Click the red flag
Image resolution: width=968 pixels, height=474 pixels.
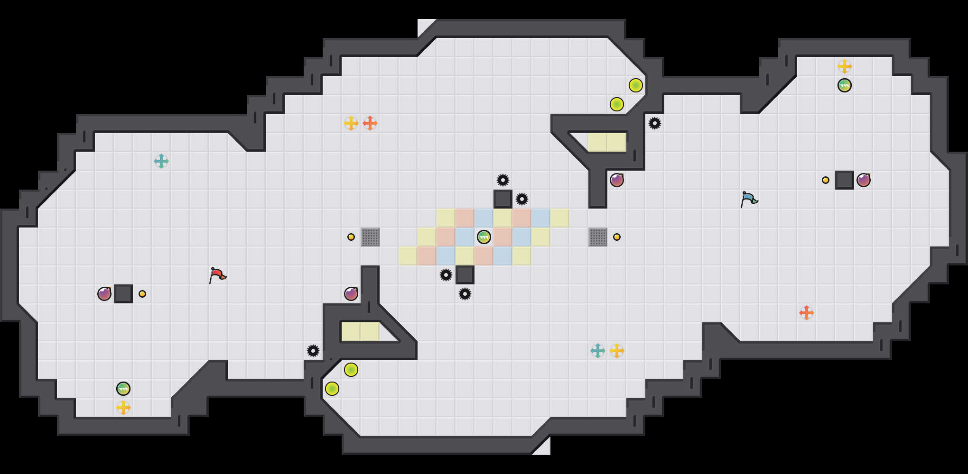point(217,275)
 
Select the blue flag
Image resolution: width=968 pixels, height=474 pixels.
point(749,199)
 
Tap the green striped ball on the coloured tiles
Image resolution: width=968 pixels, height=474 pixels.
point(484,237)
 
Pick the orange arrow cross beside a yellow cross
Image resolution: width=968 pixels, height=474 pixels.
point(370,123)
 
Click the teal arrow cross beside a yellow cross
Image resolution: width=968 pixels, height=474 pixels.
point(598,351)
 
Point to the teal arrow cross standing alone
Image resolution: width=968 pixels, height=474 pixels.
point(161,161)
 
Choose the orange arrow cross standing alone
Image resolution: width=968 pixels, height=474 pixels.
point(807,313)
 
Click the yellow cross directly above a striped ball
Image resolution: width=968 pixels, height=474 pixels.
point(845,66)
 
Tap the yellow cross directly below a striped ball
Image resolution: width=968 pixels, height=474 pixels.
point(123,408)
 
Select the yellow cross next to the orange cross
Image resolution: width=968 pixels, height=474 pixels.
point(351,123)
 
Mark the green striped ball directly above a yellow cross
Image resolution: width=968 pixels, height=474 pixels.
point(123,389)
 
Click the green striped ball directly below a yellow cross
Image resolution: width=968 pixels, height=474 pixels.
point(845,85)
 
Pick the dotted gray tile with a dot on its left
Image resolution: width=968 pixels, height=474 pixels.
point(370,237)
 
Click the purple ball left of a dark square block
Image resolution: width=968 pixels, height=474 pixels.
point(104,294)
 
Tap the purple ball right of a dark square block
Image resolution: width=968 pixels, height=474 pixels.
point(864,180)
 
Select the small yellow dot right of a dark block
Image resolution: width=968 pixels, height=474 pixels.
point(142,294)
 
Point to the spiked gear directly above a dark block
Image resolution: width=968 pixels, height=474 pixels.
point(503,180)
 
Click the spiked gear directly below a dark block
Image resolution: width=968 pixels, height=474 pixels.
point(465,294)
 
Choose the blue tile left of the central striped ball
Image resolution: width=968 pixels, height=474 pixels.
point(465,237)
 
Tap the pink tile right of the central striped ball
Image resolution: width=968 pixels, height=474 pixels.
point(503,237)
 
